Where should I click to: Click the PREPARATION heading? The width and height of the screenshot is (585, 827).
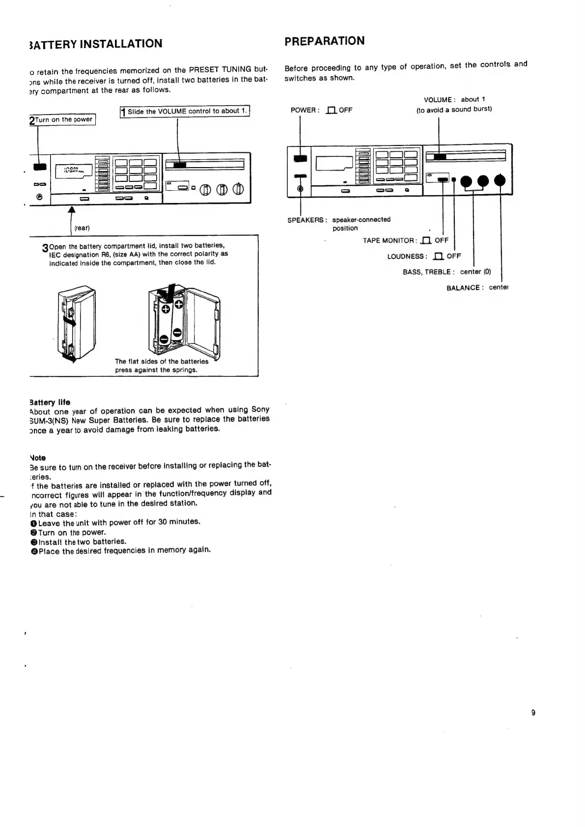point(324,41)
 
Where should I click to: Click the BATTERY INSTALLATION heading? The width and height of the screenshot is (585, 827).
point(95,44)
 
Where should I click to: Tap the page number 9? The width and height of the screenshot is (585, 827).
point(533,713)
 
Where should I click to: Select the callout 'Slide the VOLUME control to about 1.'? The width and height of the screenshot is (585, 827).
point(185,111)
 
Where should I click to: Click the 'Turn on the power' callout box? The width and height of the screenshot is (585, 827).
point(63,119)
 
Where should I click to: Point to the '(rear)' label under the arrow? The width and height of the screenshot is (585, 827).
point(82,228)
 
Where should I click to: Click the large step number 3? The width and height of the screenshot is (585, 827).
point(46,248)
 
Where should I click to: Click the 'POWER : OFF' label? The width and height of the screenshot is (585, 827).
point(321,110)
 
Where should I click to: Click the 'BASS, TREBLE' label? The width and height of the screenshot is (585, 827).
point(428,272)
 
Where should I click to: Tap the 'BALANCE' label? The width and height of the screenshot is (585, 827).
point(463,287)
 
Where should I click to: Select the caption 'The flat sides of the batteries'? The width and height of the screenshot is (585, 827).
point(162,361)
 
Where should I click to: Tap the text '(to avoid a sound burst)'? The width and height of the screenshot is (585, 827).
point(454,109)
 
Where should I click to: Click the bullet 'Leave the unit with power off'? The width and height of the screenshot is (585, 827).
point(119,522)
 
